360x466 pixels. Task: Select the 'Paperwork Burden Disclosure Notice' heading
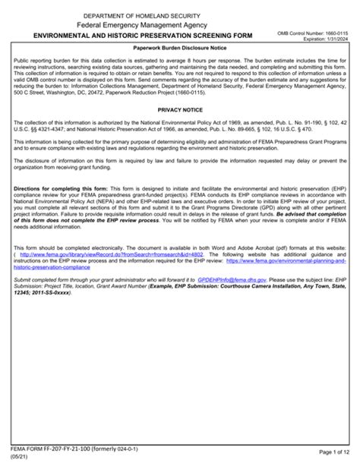click(x=179, y=48)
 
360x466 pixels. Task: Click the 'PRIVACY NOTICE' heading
click(x=179, y=109)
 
